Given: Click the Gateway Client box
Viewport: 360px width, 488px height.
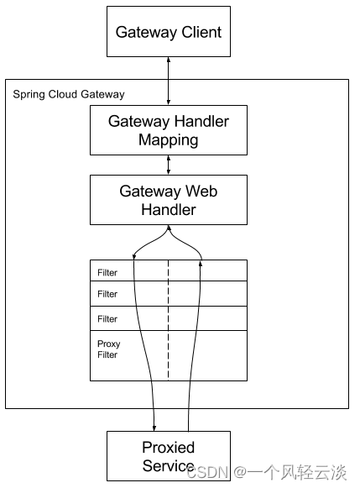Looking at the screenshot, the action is pos(169,31).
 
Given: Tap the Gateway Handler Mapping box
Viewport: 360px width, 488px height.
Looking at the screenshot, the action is pos(169,130).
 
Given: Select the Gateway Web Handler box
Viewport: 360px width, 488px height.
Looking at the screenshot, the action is pos(169,200).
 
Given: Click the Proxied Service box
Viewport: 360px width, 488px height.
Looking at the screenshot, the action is pos(169,456).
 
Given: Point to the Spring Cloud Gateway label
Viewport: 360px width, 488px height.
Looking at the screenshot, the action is pos(69,94).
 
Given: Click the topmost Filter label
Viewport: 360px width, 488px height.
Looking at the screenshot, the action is pos(107,273).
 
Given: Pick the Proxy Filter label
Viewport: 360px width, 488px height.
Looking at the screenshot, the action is pos(108,349).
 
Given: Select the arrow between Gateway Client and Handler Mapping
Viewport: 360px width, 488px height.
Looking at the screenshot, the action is pos(169,81).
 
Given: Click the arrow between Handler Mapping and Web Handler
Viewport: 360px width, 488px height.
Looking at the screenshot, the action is pos(169,165).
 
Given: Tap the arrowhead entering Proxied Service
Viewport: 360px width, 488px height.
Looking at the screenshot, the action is pos(154,428).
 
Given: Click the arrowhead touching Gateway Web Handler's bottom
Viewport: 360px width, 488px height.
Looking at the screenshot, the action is pos(169,228).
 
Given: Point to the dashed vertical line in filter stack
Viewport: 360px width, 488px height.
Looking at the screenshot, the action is pos(168,320).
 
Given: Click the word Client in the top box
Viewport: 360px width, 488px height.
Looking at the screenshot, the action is pos(201,32).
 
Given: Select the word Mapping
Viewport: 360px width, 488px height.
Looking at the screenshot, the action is pos(168,140).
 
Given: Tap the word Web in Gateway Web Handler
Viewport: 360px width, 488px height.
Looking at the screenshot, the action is pos(201,192).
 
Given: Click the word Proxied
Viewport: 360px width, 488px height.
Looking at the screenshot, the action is pos(168,447).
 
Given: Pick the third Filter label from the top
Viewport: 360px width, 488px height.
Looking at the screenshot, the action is pos(107,319).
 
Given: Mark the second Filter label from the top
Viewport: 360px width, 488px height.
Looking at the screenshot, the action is pos(107,294).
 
